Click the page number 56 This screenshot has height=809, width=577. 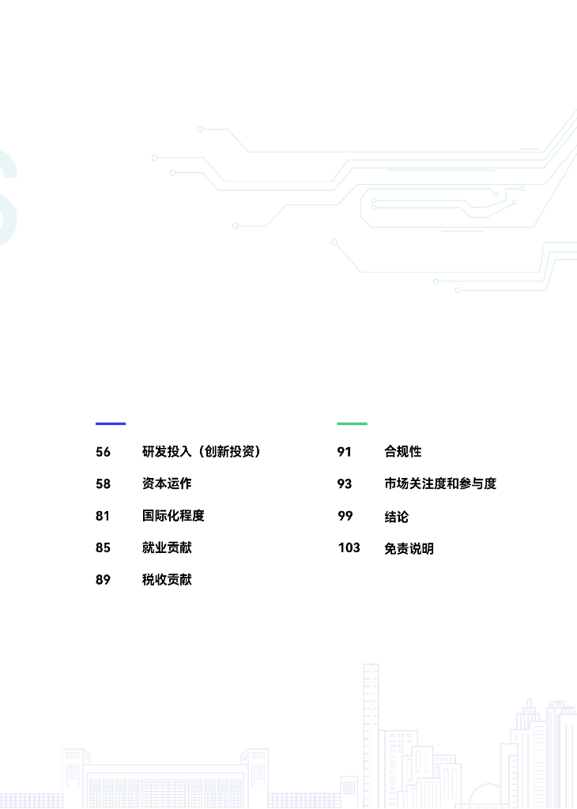(x=104, y=452)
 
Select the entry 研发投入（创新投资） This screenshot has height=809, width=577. (x=202, y=452)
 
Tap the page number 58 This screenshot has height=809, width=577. (x=104, y=484)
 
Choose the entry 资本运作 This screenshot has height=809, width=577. (x=167, y=484)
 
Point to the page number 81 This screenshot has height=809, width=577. (x=103, y=516)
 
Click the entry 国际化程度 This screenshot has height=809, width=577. (x=173, y=516)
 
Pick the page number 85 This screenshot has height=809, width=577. (x=104, y=547)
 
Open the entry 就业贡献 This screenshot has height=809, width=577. (x=167, y=547)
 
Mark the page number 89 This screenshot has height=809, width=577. (x=104, y=580)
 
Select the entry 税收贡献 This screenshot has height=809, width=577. (x=167, y=580)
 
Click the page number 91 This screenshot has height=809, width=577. (x=344, y=452)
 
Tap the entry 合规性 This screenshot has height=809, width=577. (x=403, y=452)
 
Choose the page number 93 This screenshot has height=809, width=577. (x=345, y=484)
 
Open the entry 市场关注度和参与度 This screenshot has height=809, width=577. (x=440, y=484)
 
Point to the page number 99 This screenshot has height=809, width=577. (x=345, y=516)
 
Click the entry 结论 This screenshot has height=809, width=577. (x=397, y=517)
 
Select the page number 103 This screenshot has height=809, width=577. (x=349, y=547)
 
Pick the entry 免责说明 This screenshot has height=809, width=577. (x=409, y=548)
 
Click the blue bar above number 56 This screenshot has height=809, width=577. (x=111, y=423)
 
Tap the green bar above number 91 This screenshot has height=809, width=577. (x=352, y=423)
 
